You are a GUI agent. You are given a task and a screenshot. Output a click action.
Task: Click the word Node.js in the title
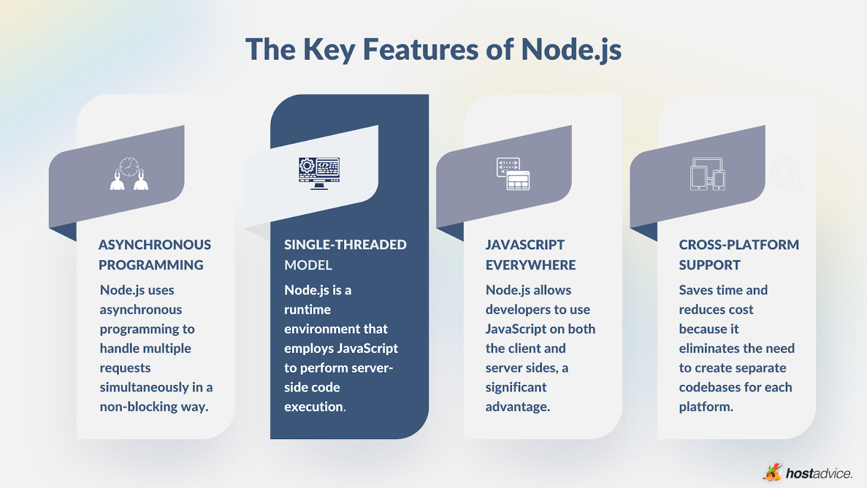tap(571, 49)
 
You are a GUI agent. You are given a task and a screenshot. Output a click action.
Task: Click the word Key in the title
tap(329, 49)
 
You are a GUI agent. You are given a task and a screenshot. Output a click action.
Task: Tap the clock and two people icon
tap(130, 174)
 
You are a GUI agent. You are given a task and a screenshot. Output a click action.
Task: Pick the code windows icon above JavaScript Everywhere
tap(513, 174)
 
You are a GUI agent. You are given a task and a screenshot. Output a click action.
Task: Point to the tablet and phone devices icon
tap(707, 174)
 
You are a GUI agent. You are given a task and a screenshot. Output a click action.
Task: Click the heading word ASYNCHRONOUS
tap(155, 245)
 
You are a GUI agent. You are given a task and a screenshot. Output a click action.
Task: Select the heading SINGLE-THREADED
tap(345, 245)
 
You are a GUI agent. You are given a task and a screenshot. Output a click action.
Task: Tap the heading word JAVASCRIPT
tap(525, 245)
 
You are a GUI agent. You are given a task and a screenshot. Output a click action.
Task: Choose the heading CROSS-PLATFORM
tap(739, 245)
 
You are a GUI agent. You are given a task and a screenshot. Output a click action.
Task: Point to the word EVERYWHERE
tap(530, 265)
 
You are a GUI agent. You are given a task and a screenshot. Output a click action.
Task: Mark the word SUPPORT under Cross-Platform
tap(709, 265)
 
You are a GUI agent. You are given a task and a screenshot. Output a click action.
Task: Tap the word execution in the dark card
tap(314, 407)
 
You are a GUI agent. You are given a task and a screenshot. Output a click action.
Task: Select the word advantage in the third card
tap(517, 407)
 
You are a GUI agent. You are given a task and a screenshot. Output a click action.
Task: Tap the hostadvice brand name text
tap(819, 473)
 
